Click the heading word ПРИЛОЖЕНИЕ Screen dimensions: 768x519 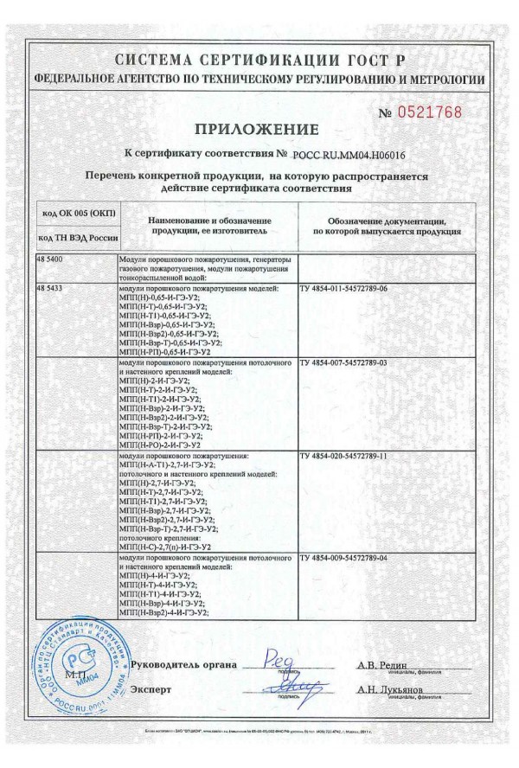(x=257, y=130)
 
